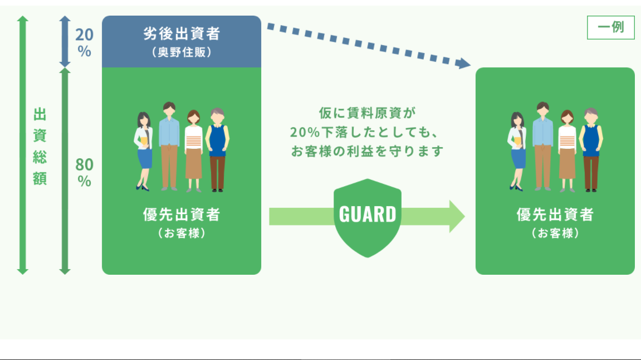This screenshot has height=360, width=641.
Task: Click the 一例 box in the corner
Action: pos(611,27)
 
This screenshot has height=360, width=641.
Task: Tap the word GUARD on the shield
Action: pos(368,215)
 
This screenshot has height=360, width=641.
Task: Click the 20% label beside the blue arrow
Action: pos(84,42)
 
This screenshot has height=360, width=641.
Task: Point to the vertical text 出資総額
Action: pos(40,147)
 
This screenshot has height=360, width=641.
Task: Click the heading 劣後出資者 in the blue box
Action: pos(182,33)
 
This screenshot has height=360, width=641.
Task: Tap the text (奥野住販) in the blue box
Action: pos(182,52)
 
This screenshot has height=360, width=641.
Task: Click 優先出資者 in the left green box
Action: pos(182,215)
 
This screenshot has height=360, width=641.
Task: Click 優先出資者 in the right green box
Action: pos(555,215)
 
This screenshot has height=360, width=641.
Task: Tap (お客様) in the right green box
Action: pos(555,233)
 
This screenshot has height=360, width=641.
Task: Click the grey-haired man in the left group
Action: pos(218,150)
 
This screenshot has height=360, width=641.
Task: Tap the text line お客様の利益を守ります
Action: pos(367,152)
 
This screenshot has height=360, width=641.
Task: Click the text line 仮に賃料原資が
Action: pos(367,113)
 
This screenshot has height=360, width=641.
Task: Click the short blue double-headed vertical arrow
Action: pos(65,41)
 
